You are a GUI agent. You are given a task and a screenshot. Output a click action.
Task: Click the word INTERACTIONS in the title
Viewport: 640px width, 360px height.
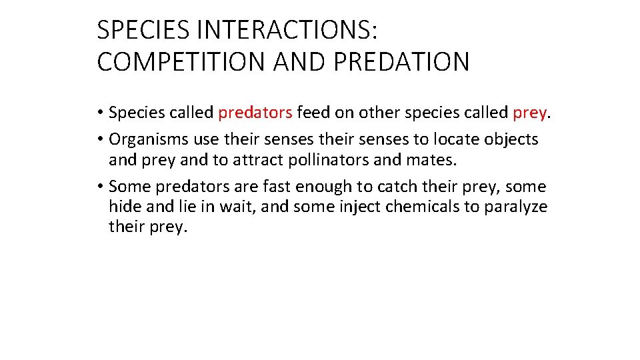(264, 30)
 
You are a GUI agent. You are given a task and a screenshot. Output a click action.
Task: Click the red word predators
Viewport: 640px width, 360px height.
(255, 113)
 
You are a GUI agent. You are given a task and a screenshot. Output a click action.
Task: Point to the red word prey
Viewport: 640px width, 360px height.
(529, 113)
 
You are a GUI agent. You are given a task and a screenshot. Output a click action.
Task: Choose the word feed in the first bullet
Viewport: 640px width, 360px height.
(314, 113)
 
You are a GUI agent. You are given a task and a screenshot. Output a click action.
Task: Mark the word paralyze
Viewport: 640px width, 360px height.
(515, 207)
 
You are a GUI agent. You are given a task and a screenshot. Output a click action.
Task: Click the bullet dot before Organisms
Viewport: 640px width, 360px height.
(101, 140)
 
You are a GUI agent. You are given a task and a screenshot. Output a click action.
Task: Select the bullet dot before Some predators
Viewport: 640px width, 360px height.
(101, 187)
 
